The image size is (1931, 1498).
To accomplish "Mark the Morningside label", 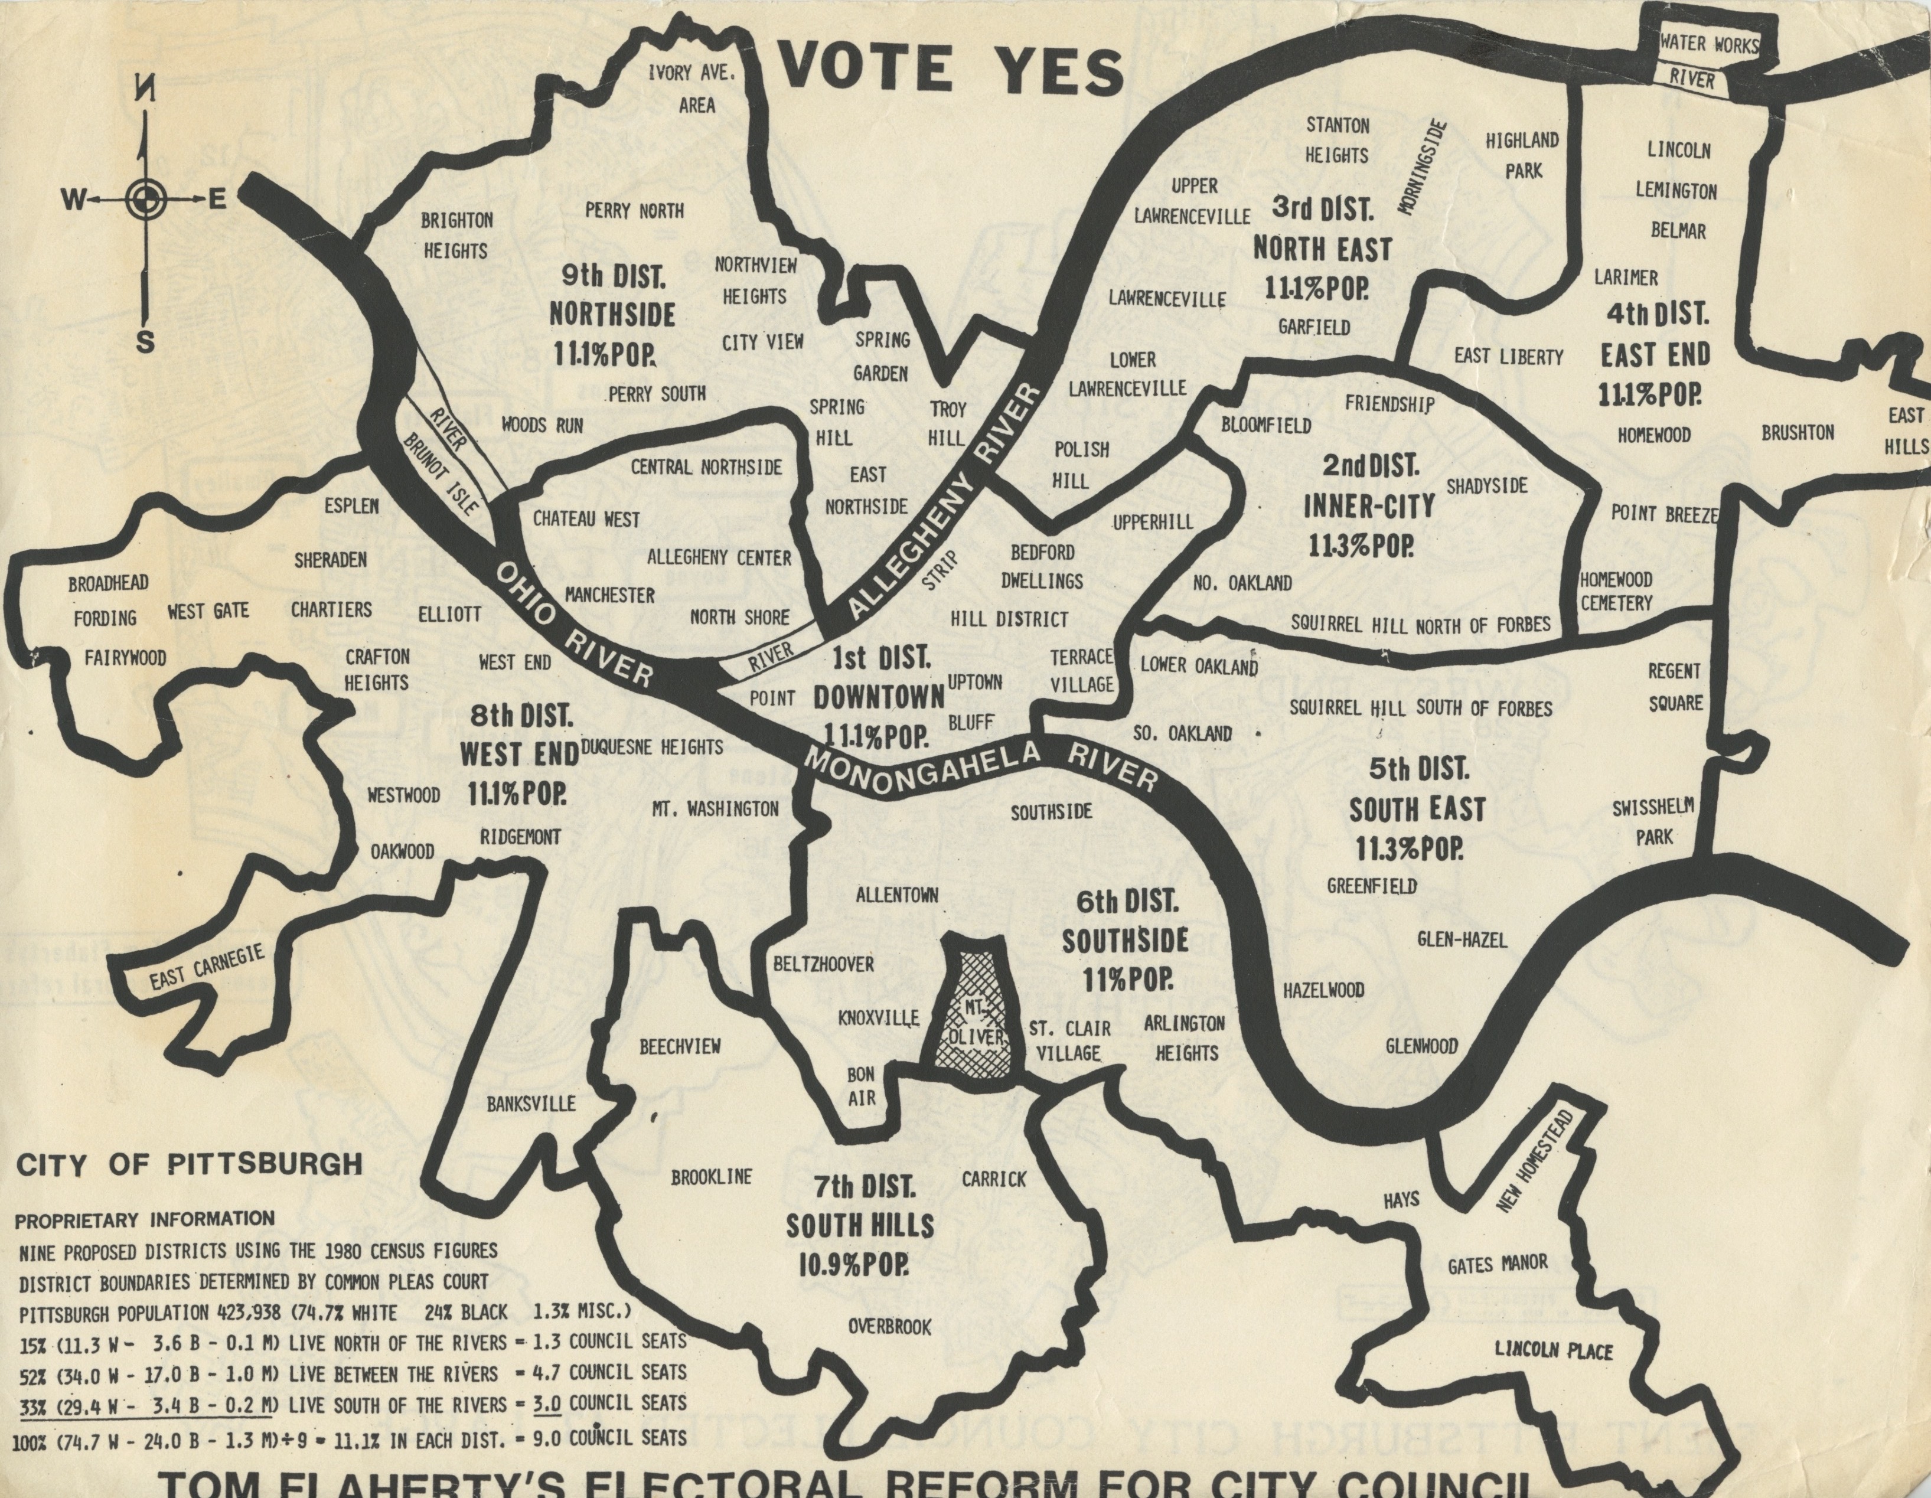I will pos(1422,168).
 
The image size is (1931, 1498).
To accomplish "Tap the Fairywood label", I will pos(125,658).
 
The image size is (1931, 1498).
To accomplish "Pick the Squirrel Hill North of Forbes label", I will pos(1420,624).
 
